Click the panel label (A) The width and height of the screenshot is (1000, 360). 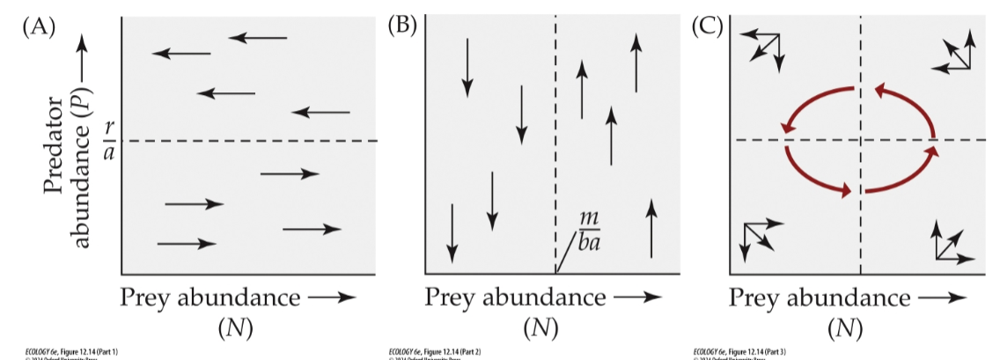pos(39,26)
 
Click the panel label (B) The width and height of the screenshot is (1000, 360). pos(401,25)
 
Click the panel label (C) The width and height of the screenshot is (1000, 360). pos(706,26)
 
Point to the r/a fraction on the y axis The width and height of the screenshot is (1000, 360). pos(108,140)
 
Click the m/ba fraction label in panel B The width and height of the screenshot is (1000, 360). pos(588,229)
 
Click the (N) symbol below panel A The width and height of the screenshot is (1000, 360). pos(234,328)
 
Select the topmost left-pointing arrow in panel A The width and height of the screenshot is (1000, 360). pos(258,37)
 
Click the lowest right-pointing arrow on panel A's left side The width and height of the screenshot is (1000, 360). pos(187,243)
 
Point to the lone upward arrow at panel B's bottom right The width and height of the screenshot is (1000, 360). pos(651,228)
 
